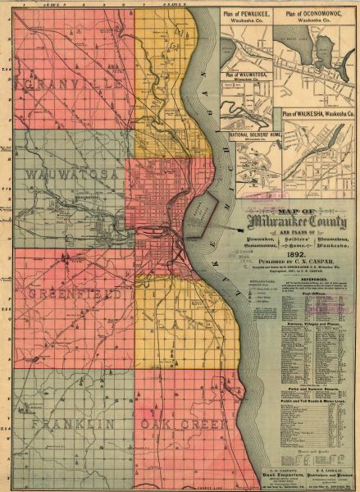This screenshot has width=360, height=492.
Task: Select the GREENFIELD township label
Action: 70,293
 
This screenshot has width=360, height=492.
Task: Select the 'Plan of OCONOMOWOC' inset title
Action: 315,17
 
